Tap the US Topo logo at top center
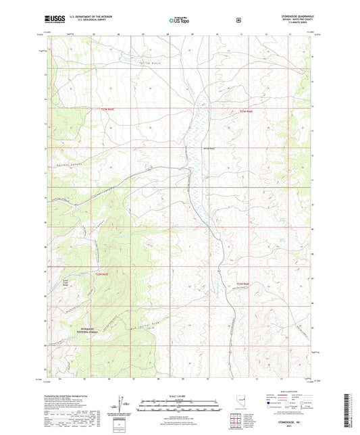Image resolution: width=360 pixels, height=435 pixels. (x=179, y=21)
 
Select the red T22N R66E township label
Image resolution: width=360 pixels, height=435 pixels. (x=249, y=111)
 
